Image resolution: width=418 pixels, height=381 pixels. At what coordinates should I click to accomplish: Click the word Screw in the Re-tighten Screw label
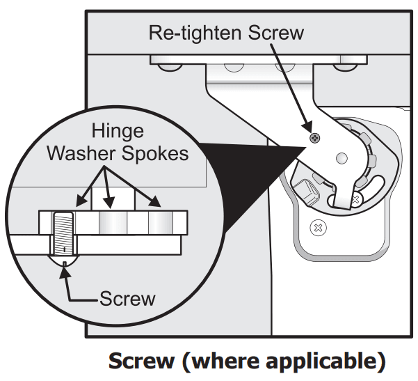274,33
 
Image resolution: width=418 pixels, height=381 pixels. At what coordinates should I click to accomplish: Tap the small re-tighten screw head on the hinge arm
315,138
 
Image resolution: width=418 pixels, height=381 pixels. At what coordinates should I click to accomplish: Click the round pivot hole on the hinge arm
341,159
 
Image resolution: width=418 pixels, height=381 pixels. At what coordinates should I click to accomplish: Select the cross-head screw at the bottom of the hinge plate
318,227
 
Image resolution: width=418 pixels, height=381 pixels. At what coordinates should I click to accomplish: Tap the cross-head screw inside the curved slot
355,199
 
